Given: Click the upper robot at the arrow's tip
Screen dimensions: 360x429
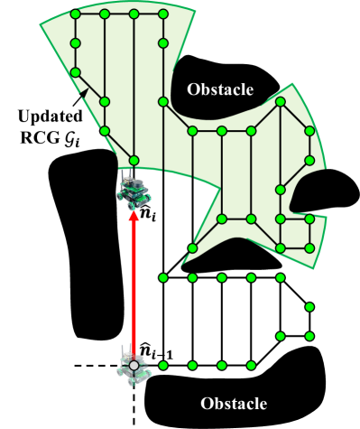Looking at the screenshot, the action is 134,191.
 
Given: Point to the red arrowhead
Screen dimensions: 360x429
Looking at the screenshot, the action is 134,216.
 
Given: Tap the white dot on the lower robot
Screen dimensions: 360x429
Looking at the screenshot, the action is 134,365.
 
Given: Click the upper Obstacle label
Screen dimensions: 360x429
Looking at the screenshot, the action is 220,89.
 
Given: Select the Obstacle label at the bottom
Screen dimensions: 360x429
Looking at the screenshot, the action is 234,403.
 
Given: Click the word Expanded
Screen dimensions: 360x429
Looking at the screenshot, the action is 50,117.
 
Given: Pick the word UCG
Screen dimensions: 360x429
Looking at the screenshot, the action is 50,137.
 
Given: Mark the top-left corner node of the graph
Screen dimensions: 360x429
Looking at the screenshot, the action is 75,14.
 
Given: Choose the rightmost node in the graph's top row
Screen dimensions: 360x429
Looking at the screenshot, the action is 163,14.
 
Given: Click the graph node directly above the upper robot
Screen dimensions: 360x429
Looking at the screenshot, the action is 134,161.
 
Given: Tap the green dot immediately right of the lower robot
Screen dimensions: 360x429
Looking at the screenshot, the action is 163,366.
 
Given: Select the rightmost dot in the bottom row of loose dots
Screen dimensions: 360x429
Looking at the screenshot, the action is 251,366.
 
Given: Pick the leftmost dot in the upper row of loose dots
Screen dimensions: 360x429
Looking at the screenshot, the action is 163,277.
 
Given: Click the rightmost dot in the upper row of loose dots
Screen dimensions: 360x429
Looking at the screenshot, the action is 281,277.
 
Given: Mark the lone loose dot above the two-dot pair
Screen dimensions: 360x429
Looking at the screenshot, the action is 309,307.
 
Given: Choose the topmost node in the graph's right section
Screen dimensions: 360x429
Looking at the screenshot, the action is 281,102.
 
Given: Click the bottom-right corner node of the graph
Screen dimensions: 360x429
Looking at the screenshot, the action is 309,248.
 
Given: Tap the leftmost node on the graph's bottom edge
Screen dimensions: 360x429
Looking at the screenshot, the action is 192,248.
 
